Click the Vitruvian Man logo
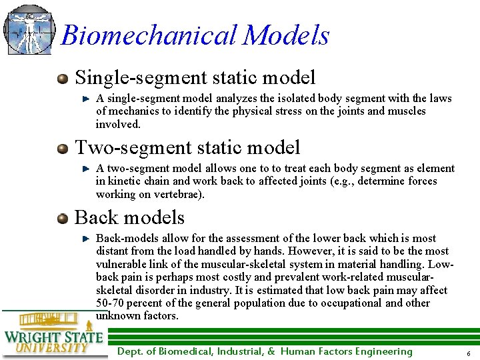[28, 29]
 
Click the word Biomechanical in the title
[149, 35]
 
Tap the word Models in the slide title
[286, 35]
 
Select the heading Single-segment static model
[195, 77]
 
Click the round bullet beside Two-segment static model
[63, 148]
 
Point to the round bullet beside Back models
[63, 218]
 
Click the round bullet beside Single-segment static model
[63, 78]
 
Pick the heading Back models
[129, 217]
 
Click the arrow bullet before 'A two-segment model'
[86, 169]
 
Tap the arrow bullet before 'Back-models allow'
[86, 238]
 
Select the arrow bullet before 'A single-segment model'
[86, 99]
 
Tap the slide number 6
[469, 353]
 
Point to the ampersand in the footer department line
[271, 351]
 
